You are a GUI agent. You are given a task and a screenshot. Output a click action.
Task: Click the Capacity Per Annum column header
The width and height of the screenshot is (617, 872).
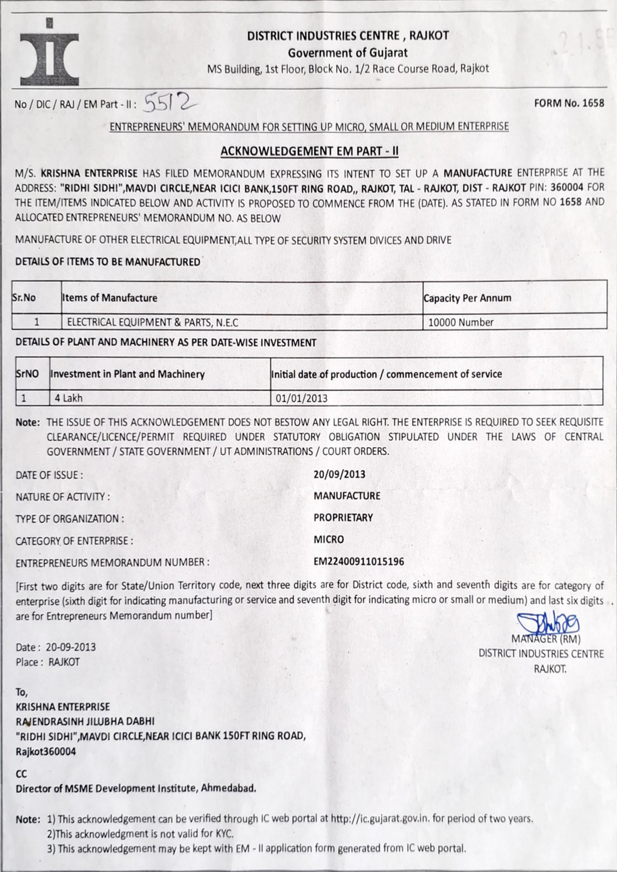point(467,298)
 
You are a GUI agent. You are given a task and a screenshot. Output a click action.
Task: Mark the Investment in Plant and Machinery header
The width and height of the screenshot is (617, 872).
point(127,374)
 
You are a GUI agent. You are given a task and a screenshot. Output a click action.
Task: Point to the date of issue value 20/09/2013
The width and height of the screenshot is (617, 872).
point(340,474)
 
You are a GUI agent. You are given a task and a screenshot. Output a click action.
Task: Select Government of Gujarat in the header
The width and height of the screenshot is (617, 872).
point(348,53)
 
